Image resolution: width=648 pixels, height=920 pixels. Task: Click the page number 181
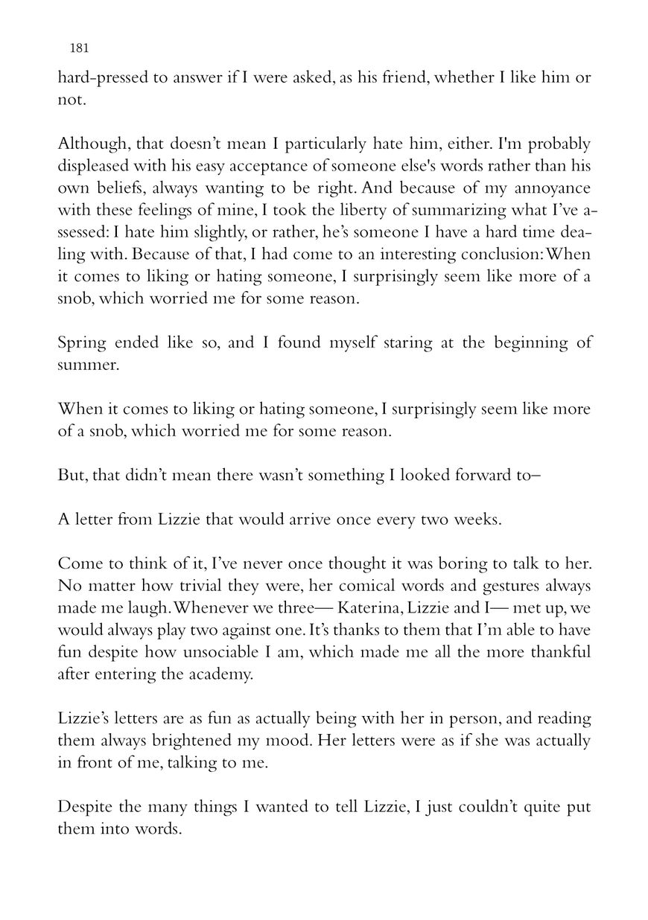point(79,48)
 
